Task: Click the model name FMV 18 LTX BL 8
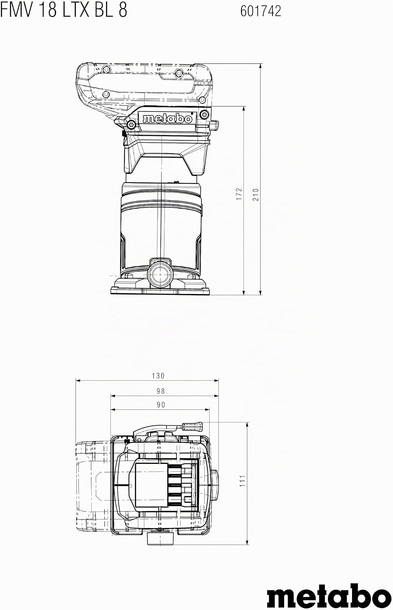point(64,11)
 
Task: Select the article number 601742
point(261,11)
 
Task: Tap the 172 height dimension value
point(239,194)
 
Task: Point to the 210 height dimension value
point(256,194)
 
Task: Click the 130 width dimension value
point(158,376)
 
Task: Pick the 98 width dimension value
point(161,391)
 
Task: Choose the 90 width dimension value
point(161,405)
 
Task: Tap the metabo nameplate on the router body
point(167,118)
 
